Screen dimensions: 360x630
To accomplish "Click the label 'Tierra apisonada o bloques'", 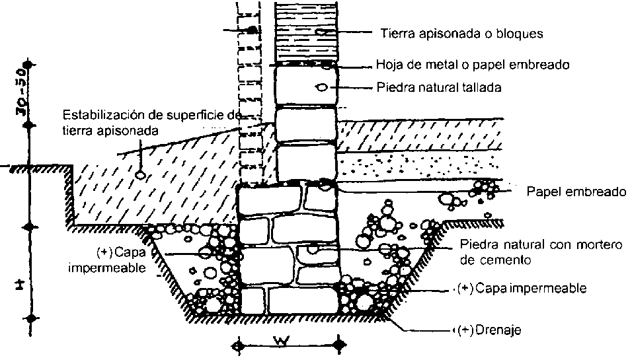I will [x=462, y=32].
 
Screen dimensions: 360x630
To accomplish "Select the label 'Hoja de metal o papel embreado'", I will [x=473, y=65].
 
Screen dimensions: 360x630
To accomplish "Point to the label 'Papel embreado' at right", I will [x=576, y=192].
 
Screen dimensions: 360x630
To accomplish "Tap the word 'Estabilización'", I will [x=95, y=113].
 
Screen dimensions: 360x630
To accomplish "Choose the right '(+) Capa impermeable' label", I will [x=522, y=289].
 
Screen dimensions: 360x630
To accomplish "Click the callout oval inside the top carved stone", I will [x=321, y=87].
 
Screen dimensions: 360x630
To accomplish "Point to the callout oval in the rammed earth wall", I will [x=321, y=32].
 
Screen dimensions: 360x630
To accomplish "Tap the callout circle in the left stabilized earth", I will [x=139, y=174].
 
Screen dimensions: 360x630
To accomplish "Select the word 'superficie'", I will [x=187, y=113].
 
